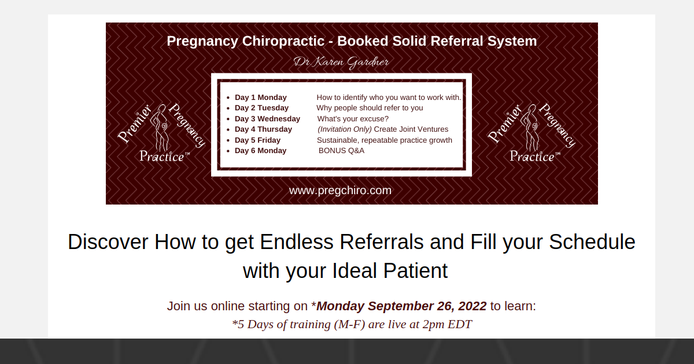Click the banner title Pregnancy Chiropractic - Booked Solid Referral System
point(352,42)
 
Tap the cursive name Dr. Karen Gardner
point(341,62)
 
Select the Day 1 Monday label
point(260,97)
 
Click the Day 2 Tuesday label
point(261,108)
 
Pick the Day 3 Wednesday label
point(267,118)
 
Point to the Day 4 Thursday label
point(263,129)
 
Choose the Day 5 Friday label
point(257,140)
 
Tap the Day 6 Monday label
point(260,151)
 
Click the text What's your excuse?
point(353,118)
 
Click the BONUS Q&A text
point(341,151)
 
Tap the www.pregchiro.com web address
point(340,190)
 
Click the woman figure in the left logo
point(159,130)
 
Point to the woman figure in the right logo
point(529,130)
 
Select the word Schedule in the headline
point(592,242)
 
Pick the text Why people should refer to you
point(370,108)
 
